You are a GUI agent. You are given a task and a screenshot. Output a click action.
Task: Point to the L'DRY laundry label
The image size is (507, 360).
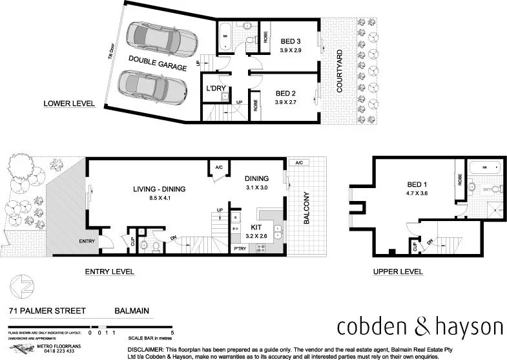pyautogui.click(x=215, y=88)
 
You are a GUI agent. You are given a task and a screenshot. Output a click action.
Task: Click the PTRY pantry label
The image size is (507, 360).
pyautogui.click(x=240, y=248)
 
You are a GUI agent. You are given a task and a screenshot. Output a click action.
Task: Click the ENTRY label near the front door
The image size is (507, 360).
pyautogui.click(x=87, y=241)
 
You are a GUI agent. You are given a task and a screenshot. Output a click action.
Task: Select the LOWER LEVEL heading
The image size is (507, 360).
pyautogui.click(x=69, y=103)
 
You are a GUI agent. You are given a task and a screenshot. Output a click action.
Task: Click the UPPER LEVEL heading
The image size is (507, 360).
pyautogui.click(x=398, y=271)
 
